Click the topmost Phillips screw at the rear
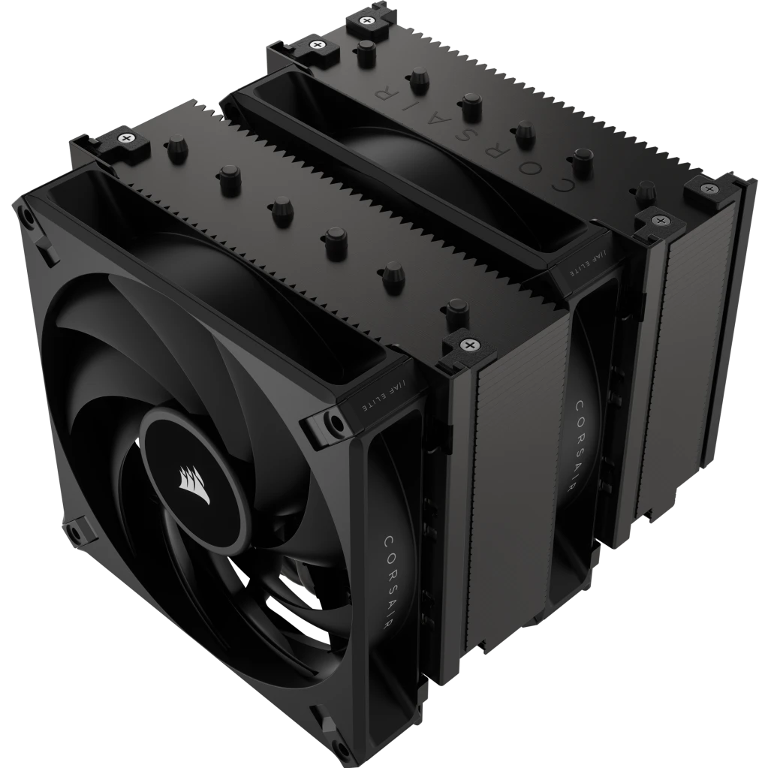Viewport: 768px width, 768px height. click(x=367, y=20)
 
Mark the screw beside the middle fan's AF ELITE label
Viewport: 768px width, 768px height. click(x=661, y=220)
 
